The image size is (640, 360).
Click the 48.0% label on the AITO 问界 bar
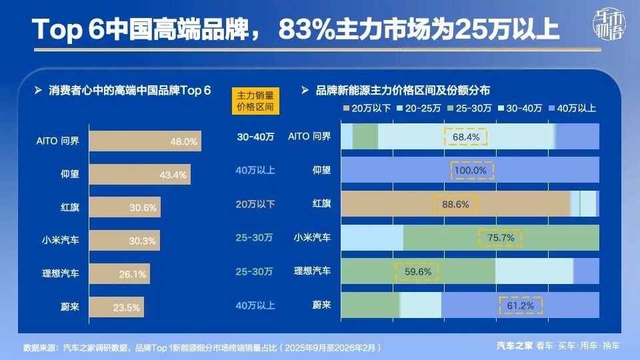(x=183, y=141)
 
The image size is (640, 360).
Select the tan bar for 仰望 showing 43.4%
(x=139, y=174)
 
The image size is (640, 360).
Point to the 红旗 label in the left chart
(x=70, y=207)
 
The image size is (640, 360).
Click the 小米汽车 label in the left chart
(x=61, y=240)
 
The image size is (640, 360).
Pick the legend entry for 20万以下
(x=366, y=108)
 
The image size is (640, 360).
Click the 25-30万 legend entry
(x=470, y=108)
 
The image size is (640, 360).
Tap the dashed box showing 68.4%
(x=466, y=137)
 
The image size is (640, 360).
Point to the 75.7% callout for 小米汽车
(x=501, y=237)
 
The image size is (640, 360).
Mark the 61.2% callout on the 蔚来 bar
(x=520, y=305)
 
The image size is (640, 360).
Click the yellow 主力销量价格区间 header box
(x=255, y=101)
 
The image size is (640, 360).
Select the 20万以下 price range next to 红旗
(x=255, y=205)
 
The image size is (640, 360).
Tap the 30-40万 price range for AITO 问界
(x=255, y=137)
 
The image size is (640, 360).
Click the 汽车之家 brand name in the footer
(x=514, y=345)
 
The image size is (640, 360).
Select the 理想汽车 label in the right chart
(x=313, y=271)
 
